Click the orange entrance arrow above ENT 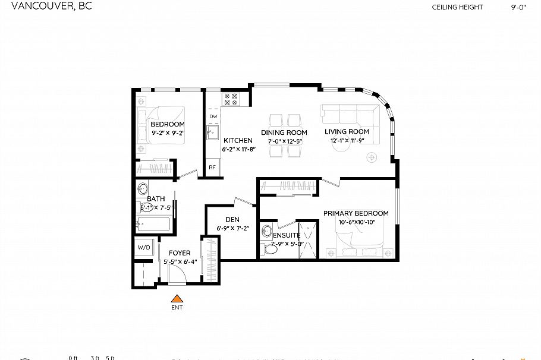tap(176, 299)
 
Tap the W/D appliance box tap(144, 246)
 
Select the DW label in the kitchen tap(213, 116)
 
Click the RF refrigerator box tap(212, 168)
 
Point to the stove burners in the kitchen tap(230, 99)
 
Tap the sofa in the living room tap(350, 113)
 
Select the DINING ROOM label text tap(284, 132)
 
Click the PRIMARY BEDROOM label tap(356, 213)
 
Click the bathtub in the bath tap(154, 225)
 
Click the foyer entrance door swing tap(177, 274)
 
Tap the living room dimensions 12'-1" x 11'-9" tap(350, 141)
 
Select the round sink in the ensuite tap(268, 230)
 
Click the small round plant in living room tap(372, 157)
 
